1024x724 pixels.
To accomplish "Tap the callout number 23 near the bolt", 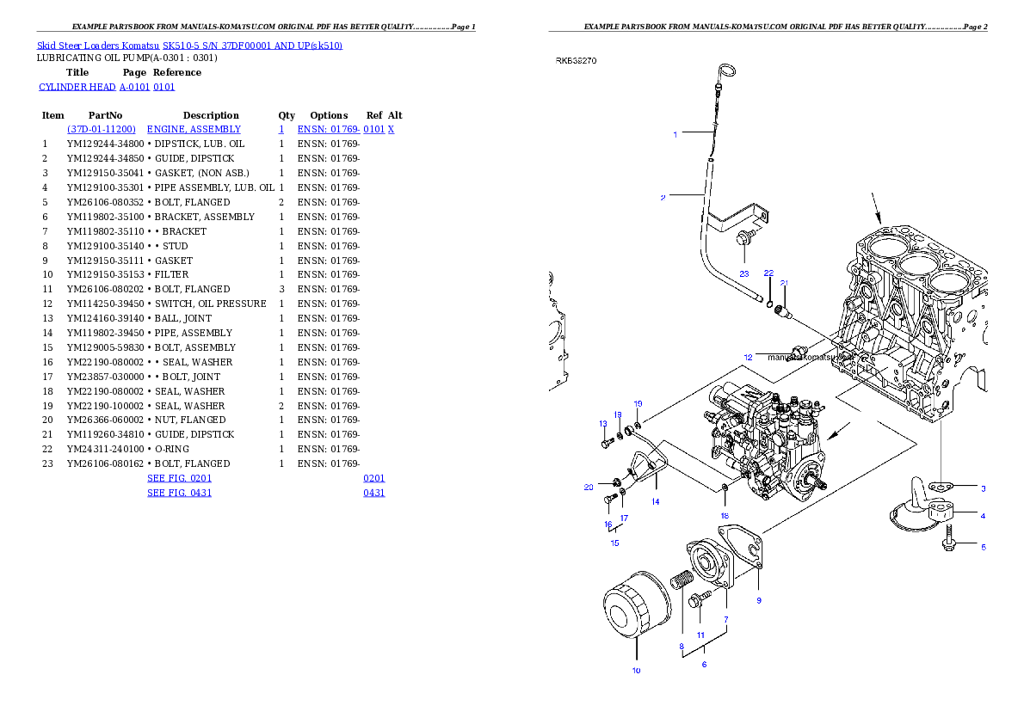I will coord(744,273).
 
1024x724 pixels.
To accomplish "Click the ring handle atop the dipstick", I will coord(725,70).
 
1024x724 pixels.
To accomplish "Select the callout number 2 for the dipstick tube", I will coord(663,198).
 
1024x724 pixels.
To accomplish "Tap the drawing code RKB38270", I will coord(576,61).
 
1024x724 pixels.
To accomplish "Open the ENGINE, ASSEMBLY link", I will coord(194,129).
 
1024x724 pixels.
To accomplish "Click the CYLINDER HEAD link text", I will coord(107,87).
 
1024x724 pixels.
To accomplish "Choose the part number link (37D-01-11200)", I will coord(102,129).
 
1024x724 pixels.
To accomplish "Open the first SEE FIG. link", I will coord(179,477).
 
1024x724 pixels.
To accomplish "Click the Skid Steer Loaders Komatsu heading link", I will coord(189,46).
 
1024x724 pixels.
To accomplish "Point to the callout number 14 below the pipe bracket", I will coord(656,501).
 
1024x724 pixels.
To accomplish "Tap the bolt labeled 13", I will coord(608,443).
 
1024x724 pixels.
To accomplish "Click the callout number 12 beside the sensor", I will coord(748,357).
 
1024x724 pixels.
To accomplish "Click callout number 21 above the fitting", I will coord(784,283).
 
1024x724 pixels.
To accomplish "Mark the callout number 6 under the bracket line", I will coord(704,664).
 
